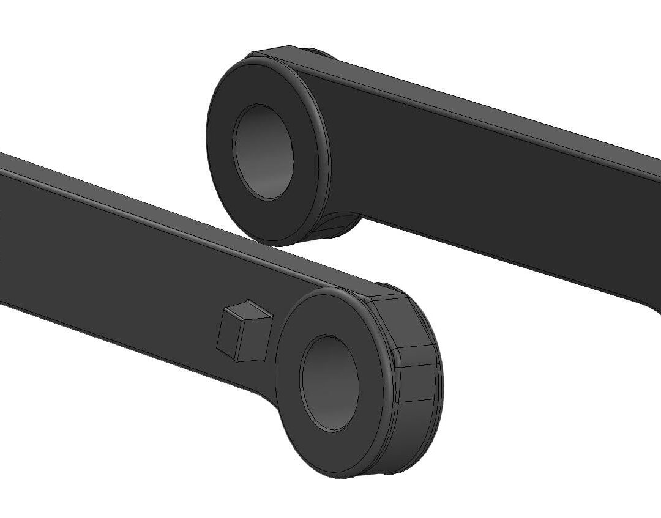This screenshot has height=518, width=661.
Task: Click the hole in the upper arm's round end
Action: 263,152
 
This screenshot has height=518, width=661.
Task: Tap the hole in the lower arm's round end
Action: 329,382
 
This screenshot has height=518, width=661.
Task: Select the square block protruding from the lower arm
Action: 243,330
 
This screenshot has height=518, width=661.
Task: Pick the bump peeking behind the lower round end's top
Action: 386,286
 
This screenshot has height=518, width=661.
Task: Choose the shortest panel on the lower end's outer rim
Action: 416,355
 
